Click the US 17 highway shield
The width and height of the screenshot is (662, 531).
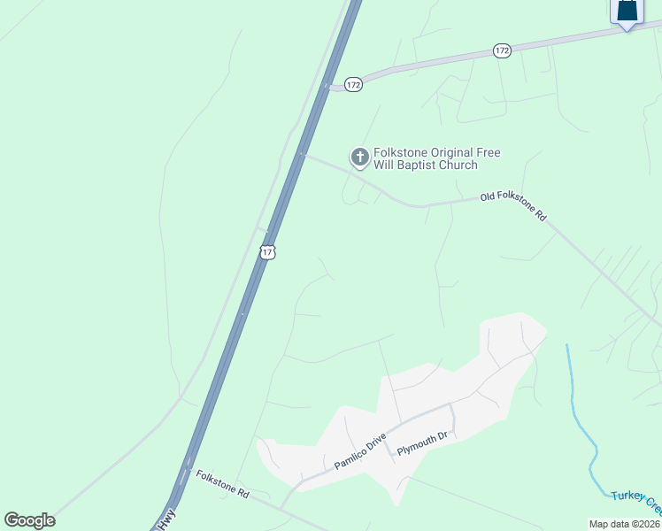[268, 252]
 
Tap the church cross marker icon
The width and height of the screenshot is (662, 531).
[359, 158]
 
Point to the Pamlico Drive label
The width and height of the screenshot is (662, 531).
[360, 451]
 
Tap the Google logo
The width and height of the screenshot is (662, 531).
[29, 520]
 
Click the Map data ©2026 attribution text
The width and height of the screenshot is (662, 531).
[625, 524]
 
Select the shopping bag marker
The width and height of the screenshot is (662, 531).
[626, 12]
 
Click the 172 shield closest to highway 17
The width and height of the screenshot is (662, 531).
[353, 84]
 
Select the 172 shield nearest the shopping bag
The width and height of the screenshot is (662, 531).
[502, 51]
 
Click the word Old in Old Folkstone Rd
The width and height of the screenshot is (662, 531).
[488, 196]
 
